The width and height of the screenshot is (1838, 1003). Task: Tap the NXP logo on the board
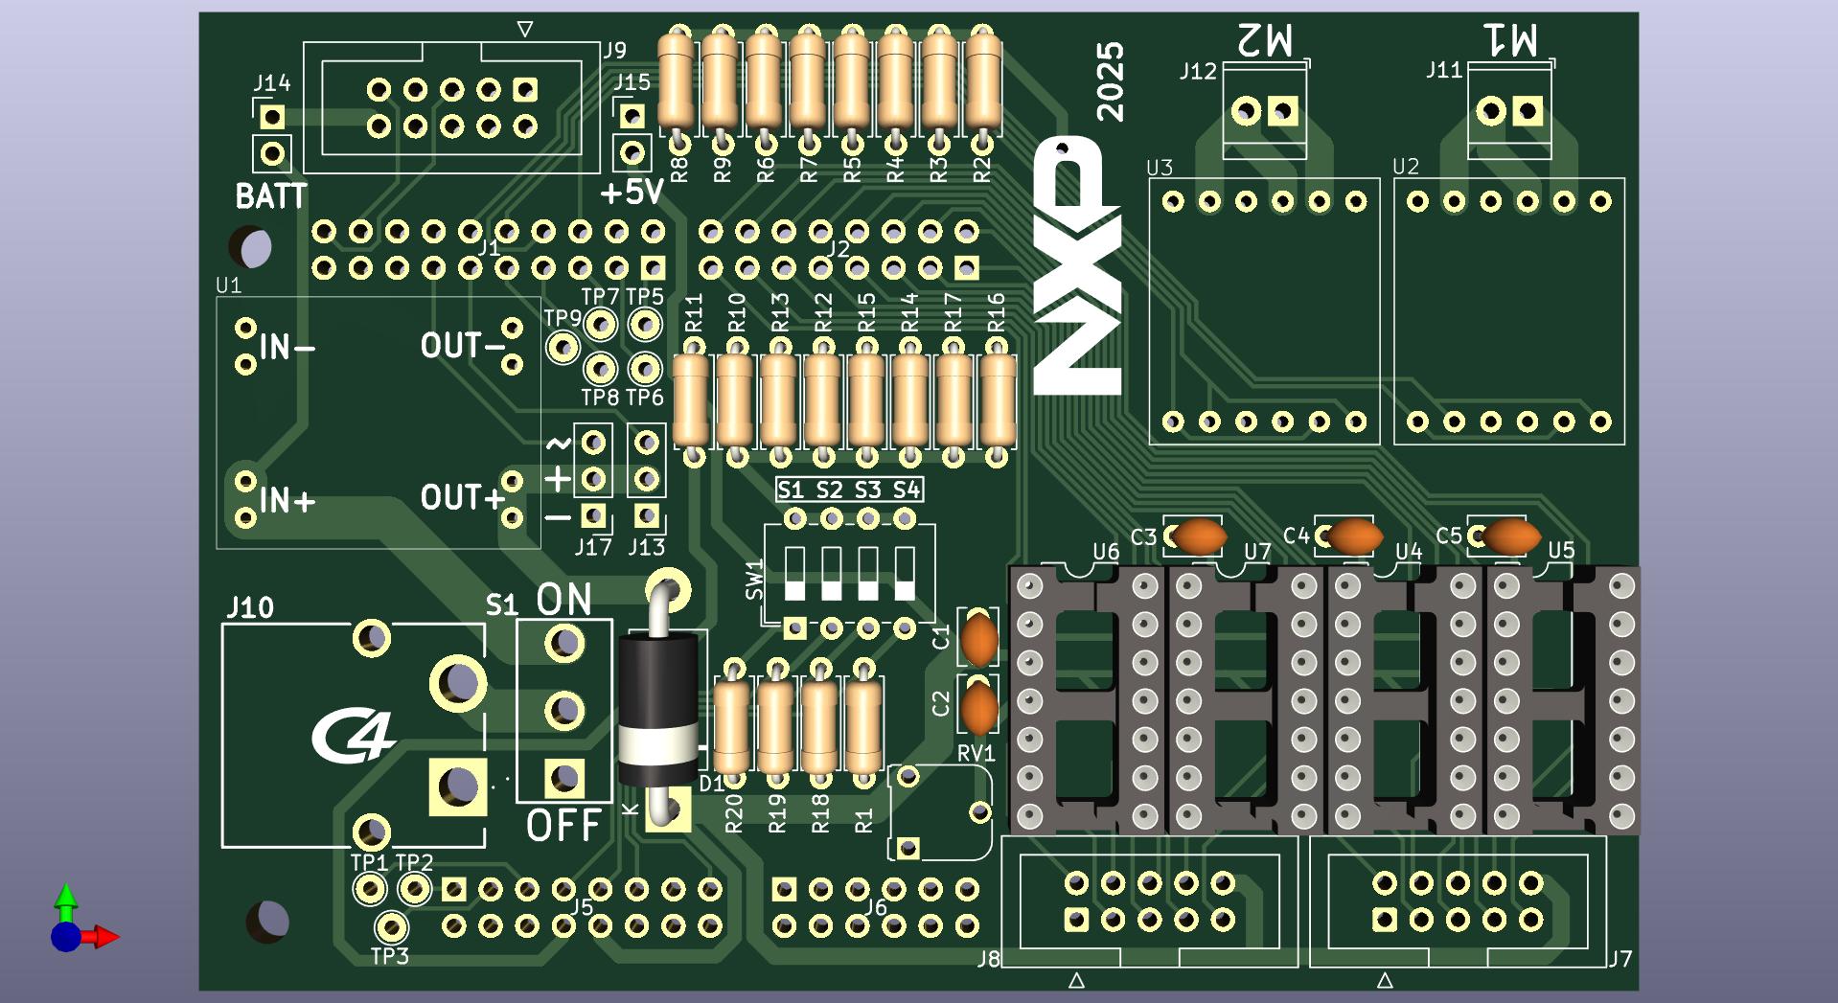point(1077,265)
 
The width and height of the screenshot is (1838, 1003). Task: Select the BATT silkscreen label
point(271,196)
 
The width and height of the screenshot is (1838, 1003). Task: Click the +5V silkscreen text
point(632,193)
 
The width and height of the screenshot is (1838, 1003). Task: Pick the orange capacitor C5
point(1510,536)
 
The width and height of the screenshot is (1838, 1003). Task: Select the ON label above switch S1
point(563,600)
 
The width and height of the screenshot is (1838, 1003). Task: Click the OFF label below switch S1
point(563,825)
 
